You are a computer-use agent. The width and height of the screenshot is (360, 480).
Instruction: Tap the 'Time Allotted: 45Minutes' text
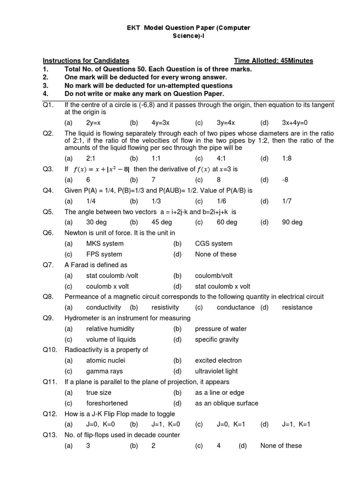tap(273, 60)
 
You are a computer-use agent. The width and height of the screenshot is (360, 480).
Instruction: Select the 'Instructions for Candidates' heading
tap(86, 60)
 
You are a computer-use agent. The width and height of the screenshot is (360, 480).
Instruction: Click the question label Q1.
tap(48, 105)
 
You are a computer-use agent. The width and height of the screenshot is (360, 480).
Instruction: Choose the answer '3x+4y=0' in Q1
tap(295, 123)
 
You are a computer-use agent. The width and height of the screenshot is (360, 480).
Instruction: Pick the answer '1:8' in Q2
tap(287, 158)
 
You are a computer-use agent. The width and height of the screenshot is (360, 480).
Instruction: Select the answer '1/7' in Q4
tap(287, 201)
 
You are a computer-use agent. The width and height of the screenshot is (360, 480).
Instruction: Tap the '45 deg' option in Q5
tap(162, 222)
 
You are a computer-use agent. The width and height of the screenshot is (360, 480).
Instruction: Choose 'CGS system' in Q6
tap(213, 244)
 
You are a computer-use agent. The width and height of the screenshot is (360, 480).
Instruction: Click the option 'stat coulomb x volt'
tap(223, 286)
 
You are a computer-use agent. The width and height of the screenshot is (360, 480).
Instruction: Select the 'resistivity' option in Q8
tap(165, 307)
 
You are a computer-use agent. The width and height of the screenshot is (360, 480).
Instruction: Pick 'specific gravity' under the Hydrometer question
tap(217, 339)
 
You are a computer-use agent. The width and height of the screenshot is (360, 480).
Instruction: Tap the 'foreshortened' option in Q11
tap(107, 403)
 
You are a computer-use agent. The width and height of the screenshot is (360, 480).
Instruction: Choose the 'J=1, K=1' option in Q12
tap(296, 424)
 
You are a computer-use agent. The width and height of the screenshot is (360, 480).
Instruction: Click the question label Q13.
tap(50, 435)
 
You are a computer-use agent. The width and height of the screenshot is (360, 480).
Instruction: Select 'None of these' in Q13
tap(281, 446)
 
